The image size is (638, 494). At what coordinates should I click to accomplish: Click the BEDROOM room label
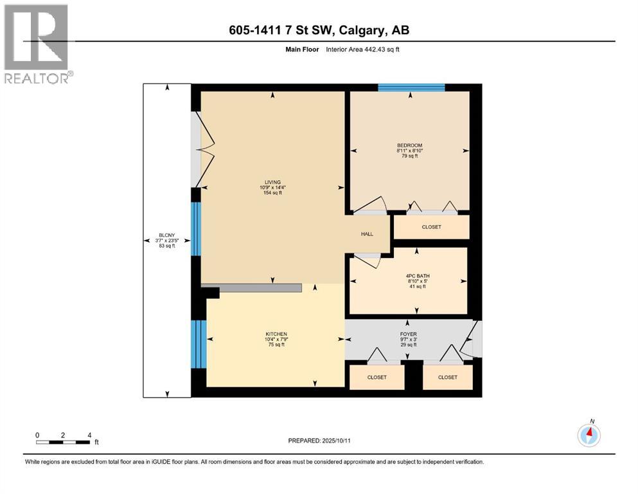(x=409, y=145)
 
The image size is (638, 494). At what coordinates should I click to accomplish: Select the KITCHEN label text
(x=276, y=334)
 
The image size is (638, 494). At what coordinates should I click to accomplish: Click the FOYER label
(x=408, y=334)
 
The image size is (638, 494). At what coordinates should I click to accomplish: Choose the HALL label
(x=367, y=234)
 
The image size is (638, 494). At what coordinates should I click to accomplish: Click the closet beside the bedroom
(x=431, y=227)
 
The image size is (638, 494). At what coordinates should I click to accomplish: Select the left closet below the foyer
(x=377, y=377)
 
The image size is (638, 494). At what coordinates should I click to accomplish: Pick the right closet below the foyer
(x=448, y=377)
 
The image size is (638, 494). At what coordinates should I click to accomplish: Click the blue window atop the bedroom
(x=411, y=87)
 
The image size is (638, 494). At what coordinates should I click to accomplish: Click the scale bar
(x=63, y=442)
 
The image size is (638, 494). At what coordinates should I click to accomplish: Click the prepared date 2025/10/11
(x=319, y=441)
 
